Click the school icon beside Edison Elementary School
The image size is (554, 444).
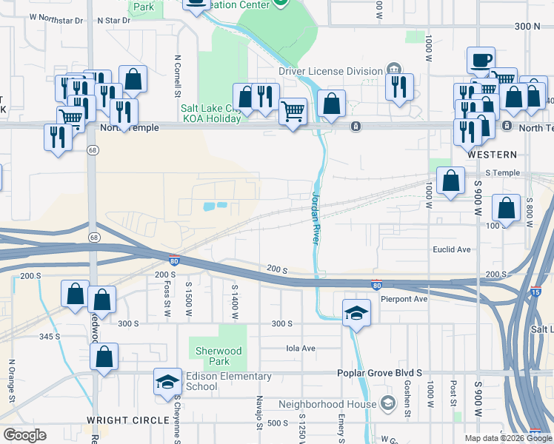coord(168,382)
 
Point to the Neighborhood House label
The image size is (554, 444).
coord(327,404)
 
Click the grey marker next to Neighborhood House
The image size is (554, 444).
coord(387,403)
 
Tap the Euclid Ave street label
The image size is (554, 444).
coord(452,249)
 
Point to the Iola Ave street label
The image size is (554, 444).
coord(301,348)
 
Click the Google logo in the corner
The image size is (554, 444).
coord(24,435)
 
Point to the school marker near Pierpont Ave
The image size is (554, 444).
coord(356,312)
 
